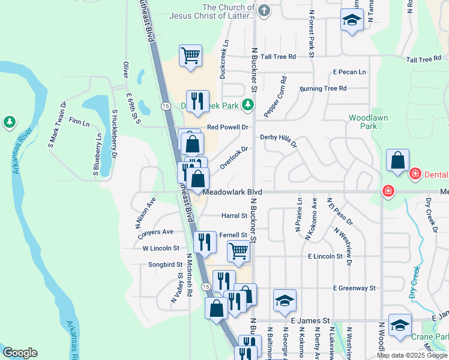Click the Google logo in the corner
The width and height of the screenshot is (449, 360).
(x=20, y=353)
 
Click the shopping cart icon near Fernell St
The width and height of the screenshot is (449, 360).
(x=239, y=251)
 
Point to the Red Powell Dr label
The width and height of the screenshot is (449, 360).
(x=228, y=127)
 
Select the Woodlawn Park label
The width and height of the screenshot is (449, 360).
(x=364, y=122)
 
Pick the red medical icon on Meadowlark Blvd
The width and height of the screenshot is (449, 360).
(x=388, y=191)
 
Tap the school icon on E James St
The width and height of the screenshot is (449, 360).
(x=285, y=301)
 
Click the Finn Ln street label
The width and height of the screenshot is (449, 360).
(x=79, y=122)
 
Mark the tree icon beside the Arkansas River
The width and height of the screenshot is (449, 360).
(x=9, y=122)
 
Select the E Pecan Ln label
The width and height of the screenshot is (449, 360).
(x=349, y=72)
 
